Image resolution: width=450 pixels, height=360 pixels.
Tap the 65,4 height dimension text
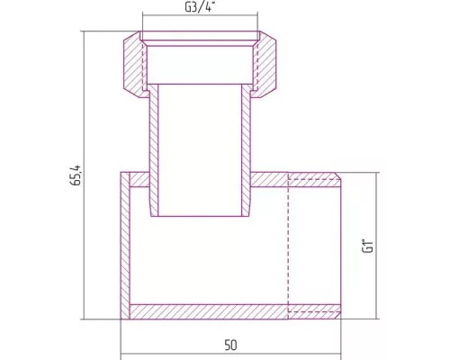[76, 175]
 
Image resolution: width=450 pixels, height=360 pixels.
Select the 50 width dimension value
[230, 346]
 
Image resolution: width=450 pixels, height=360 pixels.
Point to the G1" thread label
[368, 246]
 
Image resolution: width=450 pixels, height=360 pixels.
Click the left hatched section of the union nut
[133, 65]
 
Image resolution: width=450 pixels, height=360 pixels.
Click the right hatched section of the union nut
[266, 65]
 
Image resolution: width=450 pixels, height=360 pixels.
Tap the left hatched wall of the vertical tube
[154, 150]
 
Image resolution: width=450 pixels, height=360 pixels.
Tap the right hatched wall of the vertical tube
[246, 150]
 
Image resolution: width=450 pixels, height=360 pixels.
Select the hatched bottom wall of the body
[235, 311]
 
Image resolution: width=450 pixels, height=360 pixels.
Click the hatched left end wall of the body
[125, 246]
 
